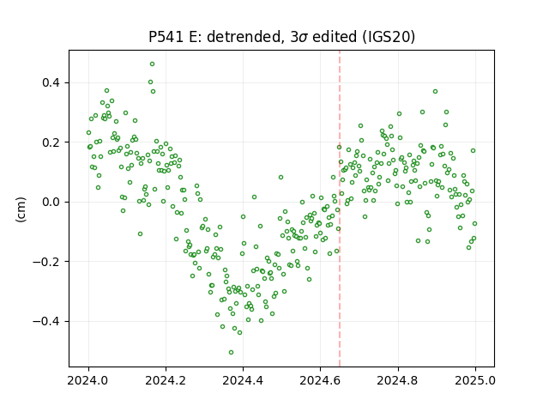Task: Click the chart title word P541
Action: point(166,37)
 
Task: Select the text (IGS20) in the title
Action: point(389,37)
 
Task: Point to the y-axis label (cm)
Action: point(21,209)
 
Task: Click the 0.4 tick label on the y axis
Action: point(51,83)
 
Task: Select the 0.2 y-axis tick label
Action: point(51,142)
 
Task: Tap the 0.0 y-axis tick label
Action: point(51,203)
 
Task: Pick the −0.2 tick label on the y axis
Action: point(46,262)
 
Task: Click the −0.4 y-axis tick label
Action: point(46,321)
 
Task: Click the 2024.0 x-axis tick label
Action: point(88,380)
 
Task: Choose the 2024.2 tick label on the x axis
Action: point(166,380)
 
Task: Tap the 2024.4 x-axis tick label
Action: point(243,380)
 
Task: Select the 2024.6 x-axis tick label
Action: point(320,380)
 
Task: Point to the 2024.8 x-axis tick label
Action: point(398,380)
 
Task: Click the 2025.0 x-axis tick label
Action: point(475,380)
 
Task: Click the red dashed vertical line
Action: point(340,209)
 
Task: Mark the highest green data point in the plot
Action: point(153,64)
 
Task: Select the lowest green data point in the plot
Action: point(231,353)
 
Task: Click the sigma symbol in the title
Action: point(303,38)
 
